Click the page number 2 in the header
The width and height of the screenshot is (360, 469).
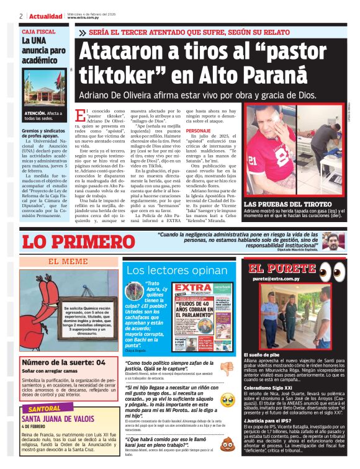(21, 16)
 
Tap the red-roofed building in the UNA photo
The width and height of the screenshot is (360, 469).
(43, 92)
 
